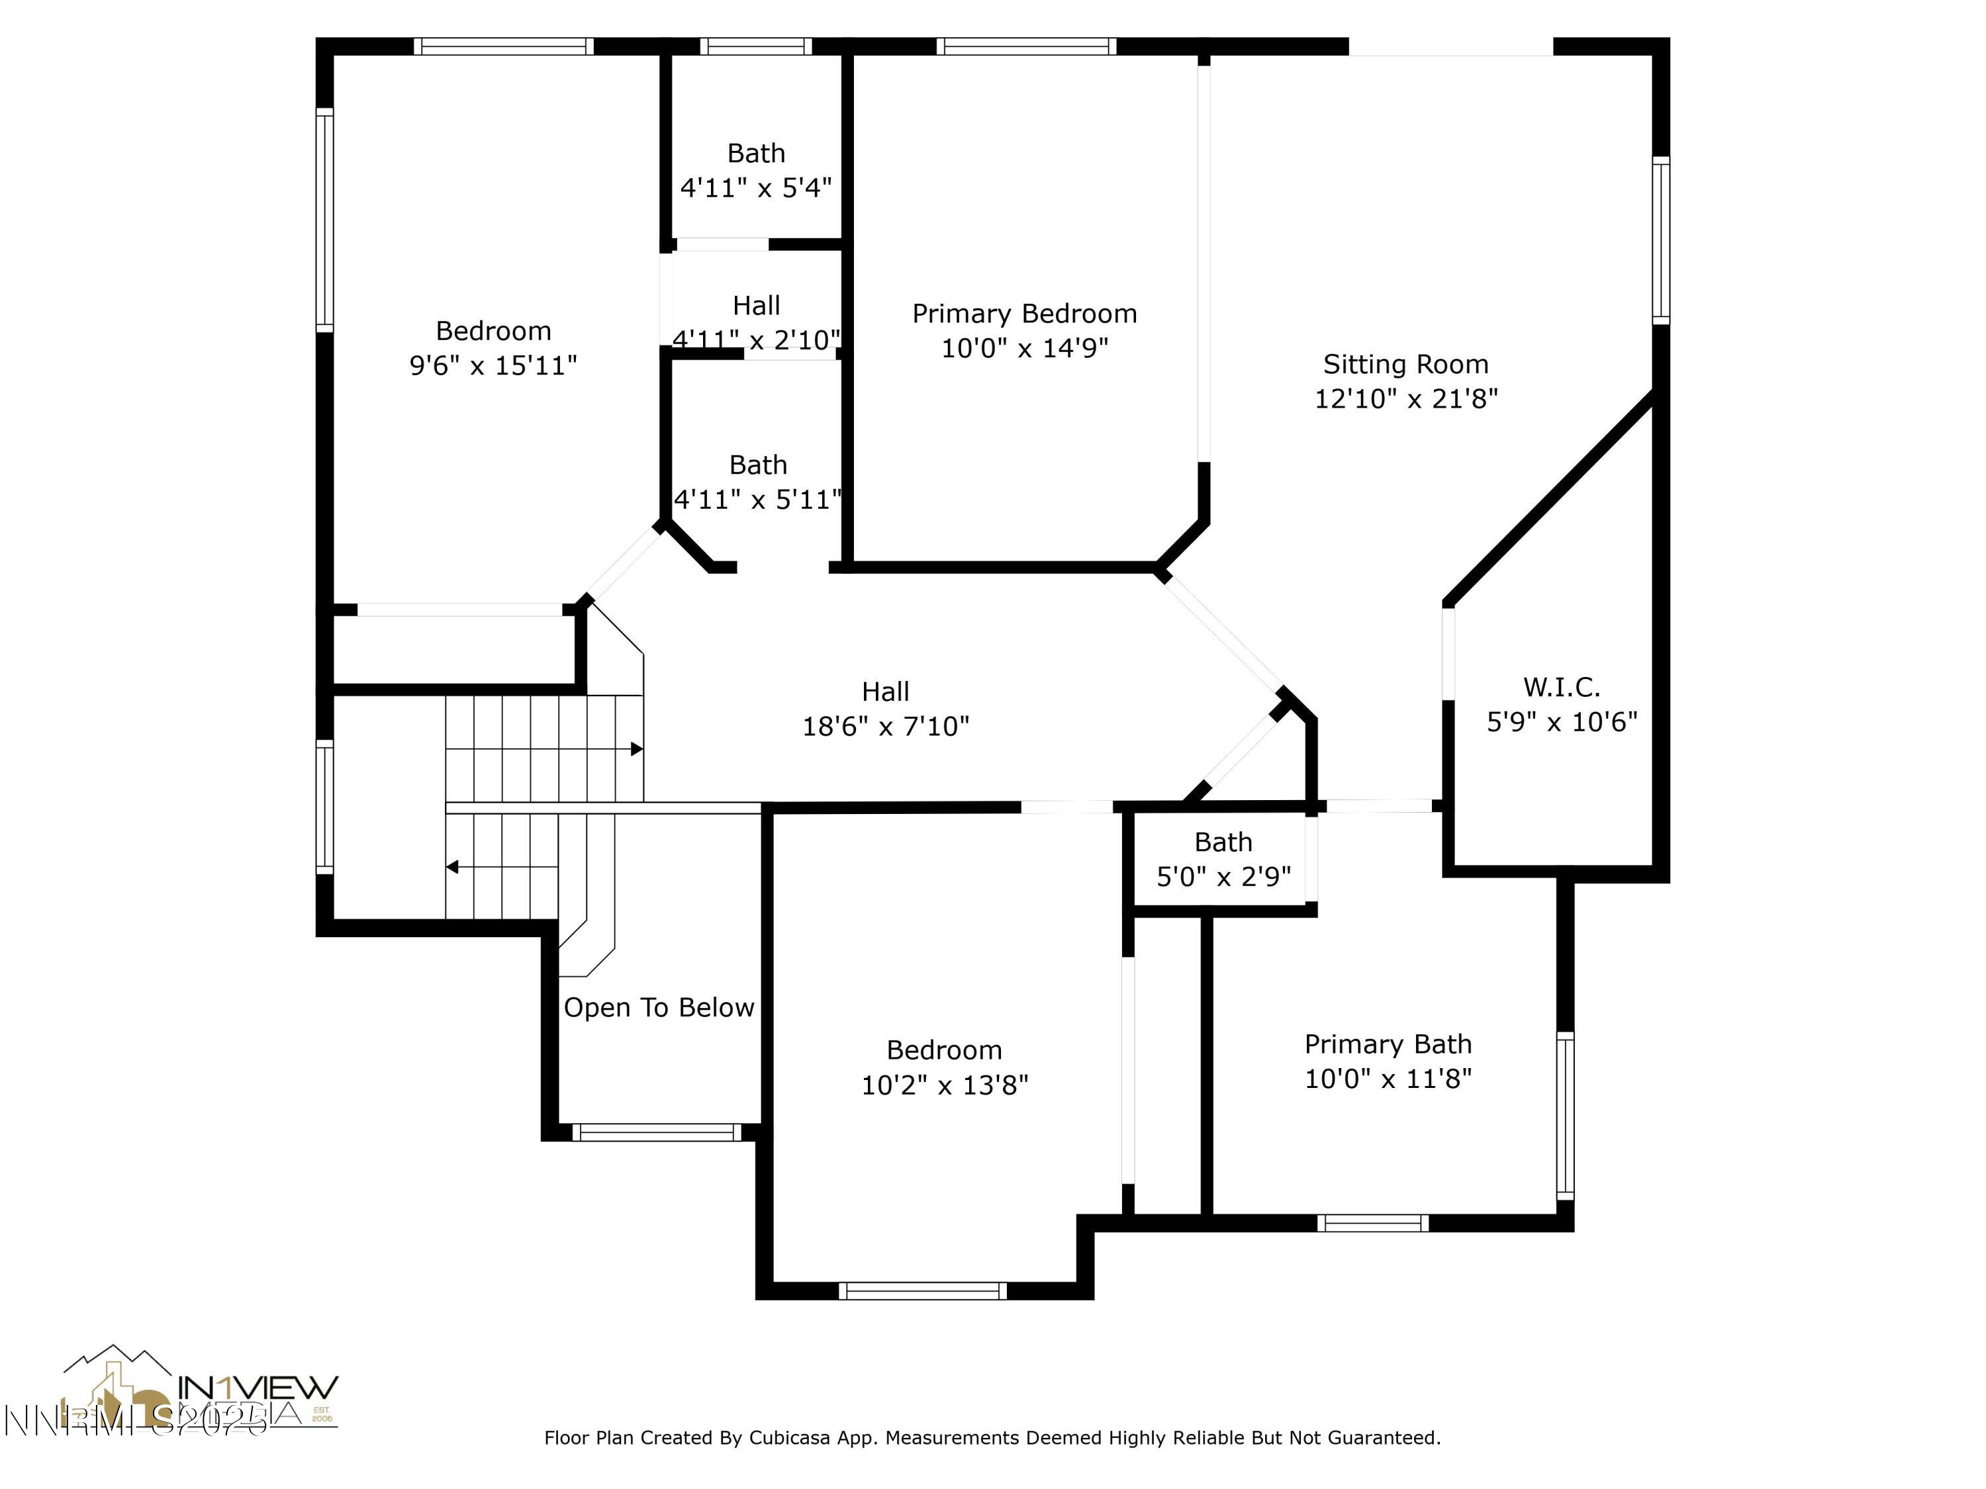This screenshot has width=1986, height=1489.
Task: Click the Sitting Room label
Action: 1405,365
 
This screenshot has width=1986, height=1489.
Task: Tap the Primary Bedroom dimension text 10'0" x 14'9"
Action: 1024,348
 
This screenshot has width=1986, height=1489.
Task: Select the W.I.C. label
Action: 1561,688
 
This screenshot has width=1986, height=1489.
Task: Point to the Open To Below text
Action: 658,1007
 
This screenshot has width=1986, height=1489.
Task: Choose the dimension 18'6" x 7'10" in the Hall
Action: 885,726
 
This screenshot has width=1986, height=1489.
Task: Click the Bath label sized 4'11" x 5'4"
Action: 756,154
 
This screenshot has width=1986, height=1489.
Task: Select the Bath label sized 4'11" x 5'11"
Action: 758,465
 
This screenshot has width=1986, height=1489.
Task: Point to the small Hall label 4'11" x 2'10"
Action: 756,306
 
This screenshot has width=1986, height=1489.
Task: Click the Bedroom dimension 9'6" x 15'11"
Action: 493,366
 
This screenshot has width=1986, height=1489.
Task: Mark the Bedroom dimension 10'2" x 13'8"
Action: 945,1086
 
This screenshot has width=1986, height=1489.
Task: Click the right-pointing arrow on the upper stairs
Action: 636,748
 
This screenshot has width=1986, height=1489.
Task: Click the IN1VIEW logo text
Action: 258,1388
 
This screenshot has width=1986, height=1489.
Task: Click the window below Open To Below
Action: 657,1133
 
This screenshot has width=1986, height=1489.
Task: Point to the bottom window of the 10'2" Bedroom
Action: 923,1290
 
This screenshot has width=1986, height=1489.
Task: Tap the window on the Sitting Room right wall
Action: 1661,240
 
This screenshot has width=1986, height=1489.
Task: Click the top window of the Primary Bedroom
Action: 1026,46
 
